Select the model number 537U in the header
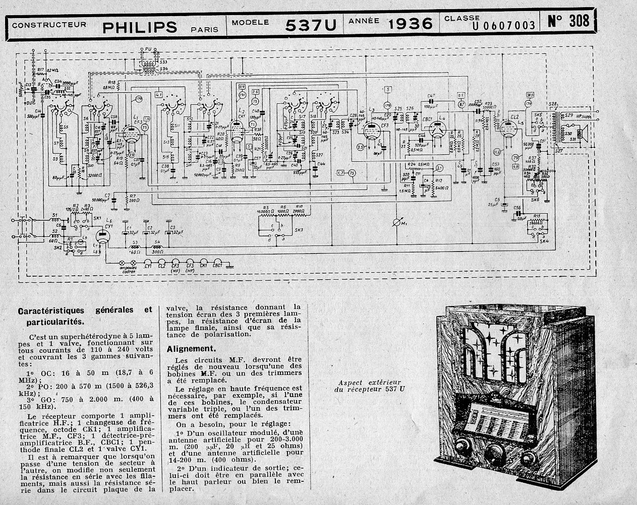point(310,25)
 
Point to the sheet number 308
point(568,22)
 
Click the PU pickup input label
point(148,49)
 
